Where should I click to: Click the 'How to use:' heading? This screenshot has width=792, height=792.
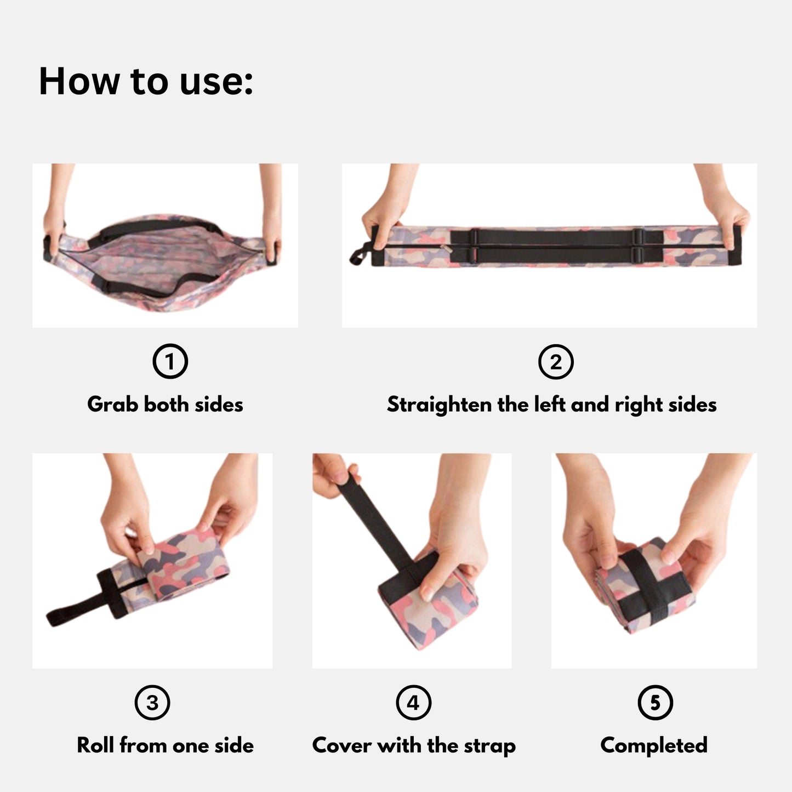tap(146, 81)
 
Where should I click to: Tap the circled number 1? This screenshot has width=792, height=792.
tap(170, 361)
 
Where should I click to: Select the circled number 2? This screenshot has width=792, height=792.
tap(556, 362)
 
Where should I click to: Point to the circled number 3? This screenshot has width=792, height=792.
tap(152, 703)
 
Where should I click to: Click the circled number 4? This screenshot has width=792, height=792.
tap(413, 703)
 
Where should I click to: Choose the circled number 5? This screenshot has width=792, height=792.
tap(655, 703)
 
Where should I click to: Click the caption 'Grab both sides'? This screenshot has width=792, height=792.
tap(165, 404)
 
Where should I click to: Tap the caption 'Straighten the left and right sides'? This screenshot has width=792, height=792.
tap(551, 405)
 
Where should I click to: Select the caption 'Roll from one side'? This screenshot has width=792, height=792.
tap(165, 745)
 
